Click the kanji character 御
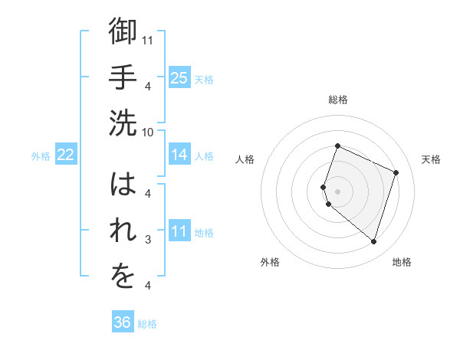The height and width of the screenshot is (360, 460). click(x=123, y=32)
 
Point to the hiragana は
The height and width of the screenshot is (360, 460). click(x=123, y=186)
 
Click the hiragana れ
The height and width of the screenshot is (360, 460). click(x=123, y=232)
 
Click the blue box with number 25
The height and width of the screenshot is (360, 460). click(x=179, y=77)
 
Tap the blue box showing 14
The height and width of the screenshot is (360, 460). click(x=179, y=155)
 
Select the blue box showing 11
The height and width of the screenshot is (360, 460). click(x=179, y=231)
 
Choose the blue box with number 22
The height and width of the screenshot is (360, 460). click(x=65, y=155)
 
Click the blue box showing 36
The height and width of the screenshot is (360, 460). click(x=122, y=322)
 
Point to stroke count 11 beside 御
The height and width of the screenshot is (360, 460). click(x=148, y=40)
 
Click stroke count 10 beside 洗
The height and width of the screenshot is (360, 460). click(x=148, y=131)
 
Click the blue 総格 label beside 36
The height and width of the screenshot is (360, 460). click(x=147, y=324)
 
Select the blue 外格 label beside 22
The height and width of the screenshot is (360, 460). click(x=41, y=156)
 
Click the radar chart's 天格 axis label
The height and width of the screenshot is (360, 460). click(x=431, y=159)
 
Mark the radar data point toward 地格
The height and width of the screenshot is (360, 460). click(x=373, y=242)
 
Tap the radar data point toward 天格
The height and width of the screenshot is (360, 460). click(x=396, y=172)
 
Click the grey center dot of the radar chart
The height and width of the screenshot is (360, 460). click(x=338, y=191)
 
